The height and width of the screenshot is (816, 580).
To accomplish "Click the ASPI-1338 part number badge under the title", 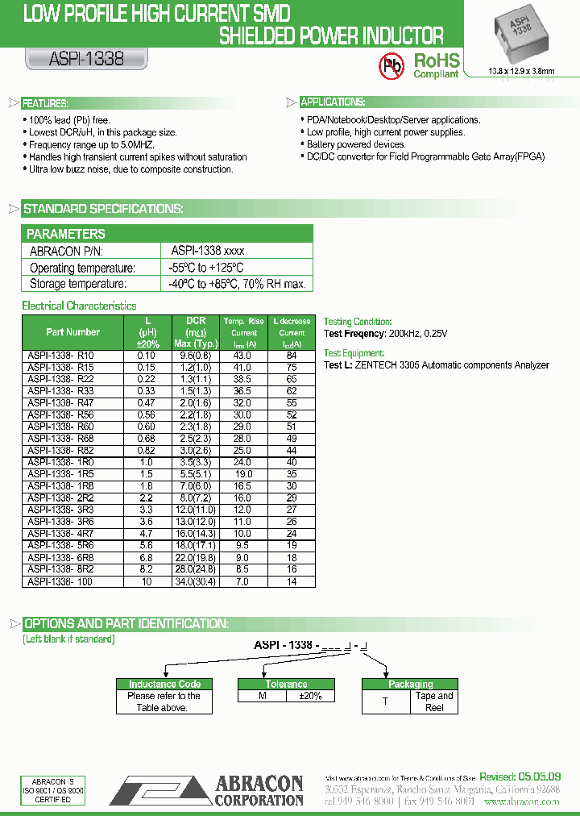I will [x=77, y=59].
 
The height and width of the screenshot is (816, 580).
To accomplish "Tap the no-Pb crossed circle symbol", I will [x=392, y=64].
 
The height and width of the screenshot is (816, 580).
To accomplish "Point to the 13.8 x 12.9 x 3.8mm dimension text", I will [x=522, y=72].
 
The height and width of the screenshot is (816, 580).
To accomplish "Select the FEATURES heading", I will [x=44, y=103].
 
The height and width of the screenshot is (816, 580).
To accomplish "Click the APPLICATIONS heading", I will [x=333, y=102].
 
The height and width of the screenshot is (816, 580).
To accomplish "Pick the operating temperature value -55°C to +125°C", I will [x=206, y=268].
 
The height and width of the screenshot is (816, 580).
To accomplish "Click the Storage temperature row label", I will [x=78, y=284].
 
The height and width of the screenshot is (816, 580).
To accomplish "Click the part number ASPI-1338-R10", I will [x=61, y=356].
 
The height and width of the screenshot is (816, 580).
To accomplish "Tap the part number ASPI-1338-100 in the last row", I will [x=60, y=581].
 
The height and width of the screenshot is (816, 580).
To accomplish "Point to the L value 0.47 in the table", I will [x=147, y=403].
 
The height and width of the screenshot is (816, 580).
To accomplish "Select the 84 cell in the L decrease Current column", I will [x=292, y=356].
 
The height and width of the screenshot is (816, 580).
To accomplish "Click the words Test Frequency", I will [x=354, y=333].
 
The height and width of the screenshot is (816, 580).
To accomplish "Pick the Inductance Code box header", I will [x=164, y=684].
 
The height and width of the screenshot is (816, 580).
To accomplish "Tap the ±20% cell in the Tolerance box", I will [x=310, y=696].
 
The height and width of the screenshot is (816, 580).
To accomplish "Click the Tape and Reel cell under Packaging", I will [x=434, y=702].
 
